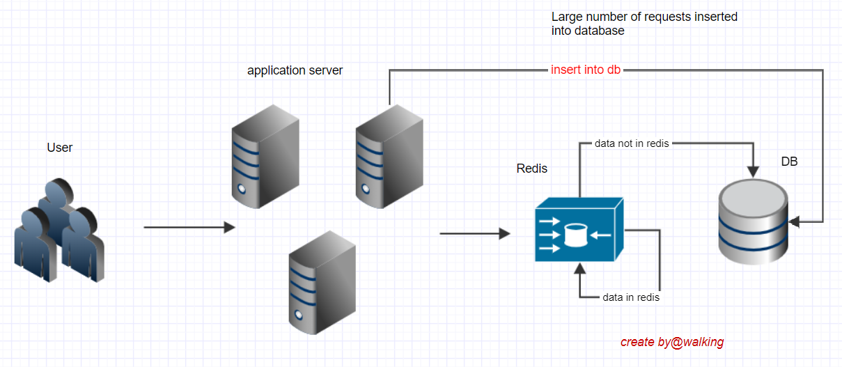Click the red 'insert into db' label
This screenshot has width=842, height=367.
(x=585, y=70)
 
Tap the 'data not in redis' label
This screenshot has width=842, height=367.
(x=631, y=143)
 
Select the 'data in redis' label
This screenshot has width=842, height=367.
(x=630, y=297)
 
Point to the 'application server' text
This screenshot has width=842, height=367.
(x=295, y=70)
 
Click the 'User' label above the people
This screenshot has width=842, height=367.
(x=59, y=148)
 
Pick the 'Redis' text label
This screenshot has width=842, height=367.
(x=531, y=169)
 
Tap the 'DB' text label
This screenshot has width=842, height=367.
(x=788, y=162)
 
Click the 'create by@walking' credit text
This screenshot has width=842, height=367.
(x=672, y=342)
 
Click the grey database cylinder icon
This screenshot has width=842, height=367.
(x=754, y=221)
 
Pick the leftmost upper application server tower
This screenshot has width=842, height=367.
(x=265, y=157)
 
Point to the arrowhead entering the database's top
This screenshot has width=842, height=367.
(x=753, y=171)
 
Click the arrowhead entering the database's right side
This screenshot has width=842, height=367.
(x=794, y=222)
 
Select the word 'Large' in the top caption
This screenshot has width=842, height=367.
(x=566, y=17)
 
